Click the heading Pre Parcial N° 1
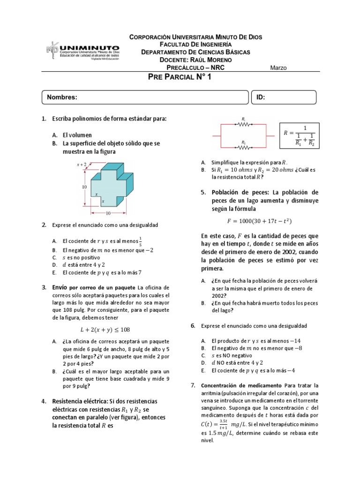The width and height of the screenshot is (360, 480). click(180, 78)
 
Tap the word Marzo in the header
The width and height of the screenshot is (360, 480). click(278, 67)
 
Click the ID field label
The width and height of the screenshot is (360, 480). click(261, 97)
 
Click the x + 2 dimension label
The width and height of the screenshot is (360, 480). click(82, 165)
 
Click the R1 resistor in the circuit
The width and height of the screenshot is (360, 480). click(243, 125)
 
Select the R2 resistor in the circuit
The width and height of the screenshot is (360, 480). click(243, 147)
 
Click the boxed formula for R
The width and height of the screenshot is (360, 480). click(300, 136)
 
